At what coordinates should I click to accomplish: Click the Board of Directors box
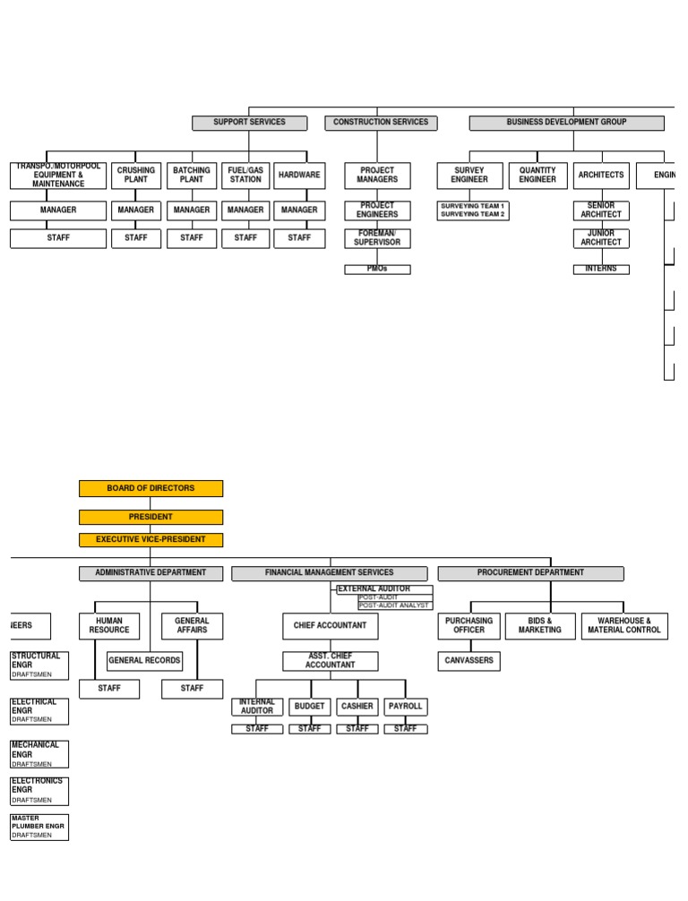pos(150,488)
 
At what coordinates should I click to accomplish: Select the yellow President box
pos(150,517)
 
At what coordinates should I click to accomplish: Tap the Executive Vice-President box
pos(150,539)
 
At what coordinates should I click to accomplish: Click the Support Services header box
pos(249,123)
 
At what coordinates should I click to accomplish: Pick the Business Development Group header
pos(566,123)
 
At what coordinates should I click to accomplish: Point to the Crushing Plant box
pos(136,175)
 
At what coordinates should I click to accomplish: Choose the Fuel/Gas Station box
pos(245,175)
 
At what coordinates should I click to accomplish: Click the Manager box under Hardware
pos(299,210)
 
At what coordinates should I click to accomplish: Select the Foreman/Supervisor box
pos(377,238)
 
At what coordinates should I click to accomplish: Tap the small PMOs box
pos(377,269)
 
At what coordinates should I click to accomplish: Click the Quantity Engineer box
pos(537,175)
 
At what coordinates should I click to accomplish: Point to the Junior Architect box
pos(601,238)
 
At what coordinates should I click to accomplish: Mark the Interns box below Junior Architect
pos(601,269)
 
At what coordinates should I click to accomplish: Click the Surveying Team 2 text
pos(473,215)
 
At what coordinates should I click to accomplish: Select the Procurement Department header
pos(530,573)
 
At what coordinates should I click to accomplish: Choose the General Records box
pos(144,661)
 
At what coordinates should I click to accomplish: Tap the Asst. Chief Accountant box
pos(330,661)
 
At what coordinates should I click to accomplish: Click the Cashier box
pos(357,707)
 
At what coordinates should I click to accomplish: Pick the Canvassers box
pos(469,661)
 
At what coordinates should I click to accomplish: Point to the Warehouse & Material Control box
pos(624,625)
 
